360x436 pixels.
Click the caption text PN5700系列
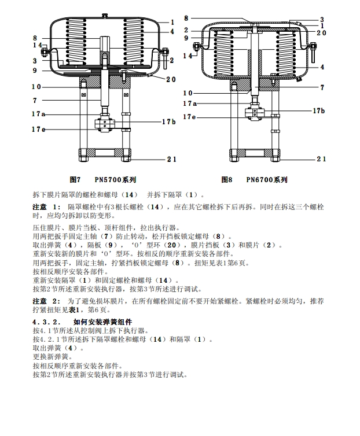tap(116, 180)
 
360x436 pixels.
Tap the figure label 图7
tap(74, 180)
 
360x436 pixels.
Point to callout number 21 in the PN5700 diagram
tap(172, 159)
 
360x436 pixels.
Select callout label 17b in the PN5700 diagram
tap(168, 121)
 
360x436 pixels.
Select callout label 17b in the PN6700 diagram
tap(319, 110)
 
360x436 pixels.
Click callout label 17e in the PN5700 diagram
tap(38, 129)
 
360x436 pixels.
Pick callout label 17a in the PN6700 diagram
tap(190, 104)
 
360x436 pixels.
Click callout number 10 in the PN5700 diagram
tap(36, 87)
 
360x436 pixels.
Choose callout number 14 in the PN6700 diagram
tap(188, 56)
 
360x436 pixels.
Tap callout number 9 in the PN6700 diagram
tap(186, 38)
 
